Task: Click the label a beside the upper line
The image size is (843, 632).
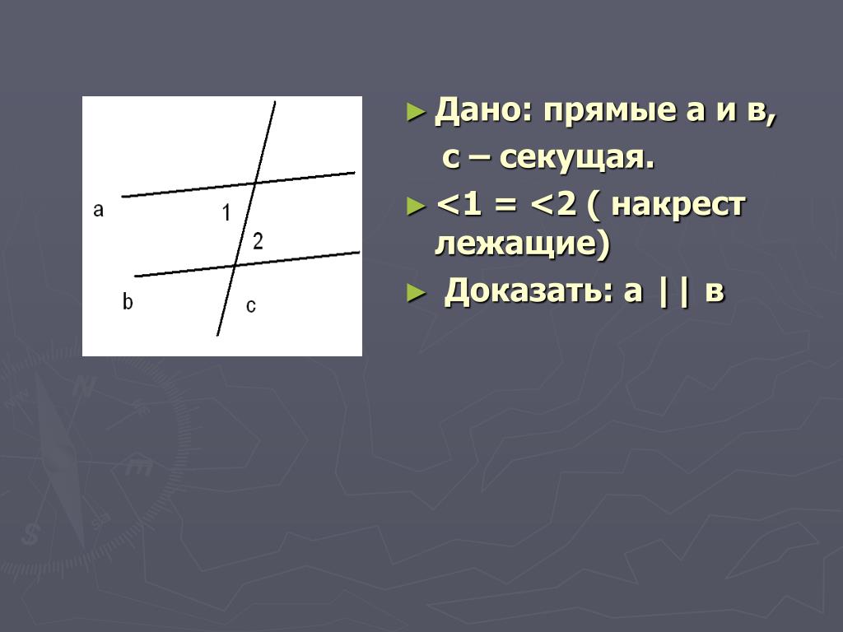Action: [98, 210]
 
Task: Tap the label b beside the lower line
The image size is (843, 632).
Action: [128, 301]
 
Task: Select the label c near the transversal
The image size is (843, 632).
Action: [250, 306]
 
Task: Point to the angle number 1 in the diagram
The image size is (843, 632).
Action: [226, 213]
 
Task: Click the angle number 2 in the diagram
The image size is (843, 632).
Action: [258, 241]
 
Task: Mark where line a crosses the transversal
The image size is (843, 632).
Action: [255, 183]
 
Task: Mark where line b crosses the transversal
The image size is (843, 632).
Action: [235, 265]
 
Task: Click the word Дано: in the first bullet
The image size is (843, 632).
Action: [483, 111]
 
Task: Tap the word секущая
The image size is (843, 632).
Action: [576, 159]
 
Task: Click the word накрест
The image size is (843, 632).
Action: [678, 205]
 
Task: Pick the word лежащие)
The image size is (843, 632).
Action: [523, 244]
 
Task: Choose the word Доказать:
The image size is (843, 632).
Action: [529, 290]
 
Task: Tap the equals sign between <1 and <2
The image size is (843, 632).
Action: [505, 205]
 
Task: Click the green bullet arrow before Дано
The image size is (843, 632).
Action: [416, 112]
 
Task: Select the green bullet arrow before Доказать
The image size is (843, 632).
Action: [416, 293]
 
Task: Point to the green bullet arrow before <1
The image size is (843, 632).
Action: [416, 206]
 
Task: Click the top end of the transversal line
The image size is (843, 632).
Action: [275, 101]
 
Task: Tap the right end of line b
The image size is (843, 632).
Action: [359, 252]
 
